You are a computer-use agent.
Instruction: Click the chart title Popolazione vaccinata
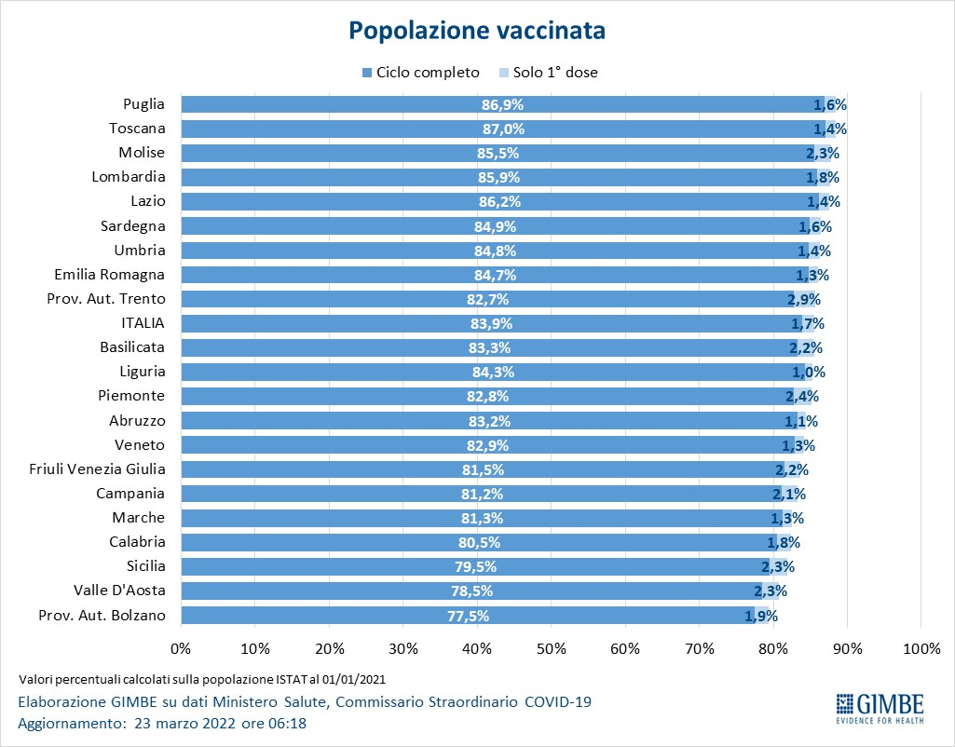click(477, 31)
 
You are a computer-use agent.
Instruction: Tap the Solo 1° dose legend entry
click(549, 72)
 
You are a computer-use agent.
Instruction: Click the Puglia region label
click(144, 104)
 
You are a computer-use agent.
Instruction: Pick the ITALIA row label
click(143, 323)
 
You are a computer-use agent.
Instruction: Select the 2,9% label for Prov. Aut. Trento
click(803, 300)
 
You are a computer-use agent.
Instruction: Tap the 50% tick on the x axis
click(551, 647)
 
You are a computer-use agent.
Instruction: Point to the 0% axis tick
click(181, 647)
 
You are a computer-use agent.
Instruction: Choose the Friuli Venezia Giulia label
click(97, 469)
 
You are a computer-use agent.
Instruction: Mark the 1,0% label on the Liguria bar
click(808, 373)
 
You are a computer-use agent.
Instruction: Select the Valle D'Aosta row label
click(119, 590)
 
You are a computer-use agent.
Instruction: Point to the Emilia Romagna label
click(109, 275)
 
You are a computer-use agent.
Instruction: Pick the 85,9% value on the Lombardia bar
click(498, 178)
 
